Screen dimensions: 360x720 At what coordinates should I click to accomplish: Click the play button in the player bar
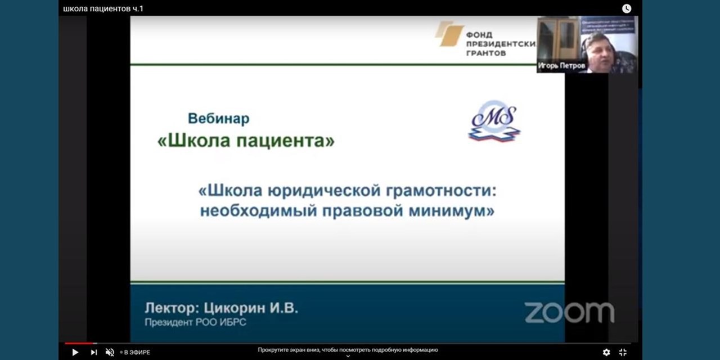[75, 352]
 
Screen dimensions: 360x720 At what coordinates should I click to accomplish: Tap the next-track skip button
[93, 352]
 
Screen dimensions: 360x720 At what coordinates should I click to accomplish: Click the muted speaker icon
[110, 352]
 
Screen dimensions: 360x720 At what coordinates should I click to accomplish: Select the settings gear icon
[606, 352]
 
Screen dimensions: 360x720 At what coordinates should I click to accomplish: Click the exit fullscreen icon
[623, 352]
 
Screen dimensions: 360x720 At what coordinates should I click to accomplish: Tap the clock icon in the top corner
[626, 8]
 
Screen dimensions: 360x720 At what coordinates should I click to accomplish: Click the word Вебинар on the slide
[218, 119]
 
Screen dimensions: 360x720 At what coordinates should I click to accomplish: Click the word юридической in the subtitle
[326, 191]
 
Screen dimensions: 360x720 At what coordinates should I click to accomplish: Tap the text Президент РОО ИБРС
[195, 322]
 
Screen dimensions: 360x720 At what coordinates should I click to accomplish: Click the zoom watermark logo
[569, 313]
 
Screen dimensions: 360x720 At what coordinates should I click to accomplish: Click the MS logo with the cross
[494, 121]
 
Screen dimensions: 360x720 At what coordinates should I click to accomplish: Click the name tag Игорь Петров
[561, 66]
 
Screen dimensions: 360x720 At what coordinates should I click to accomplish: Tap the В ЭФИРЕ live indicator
[135, 353]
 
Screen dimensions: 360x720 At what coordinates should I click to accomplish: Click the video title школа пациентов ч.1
[103, 8]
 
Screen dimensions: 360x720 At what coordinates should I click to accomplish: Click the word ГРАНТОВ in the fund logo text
[486, 53]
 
